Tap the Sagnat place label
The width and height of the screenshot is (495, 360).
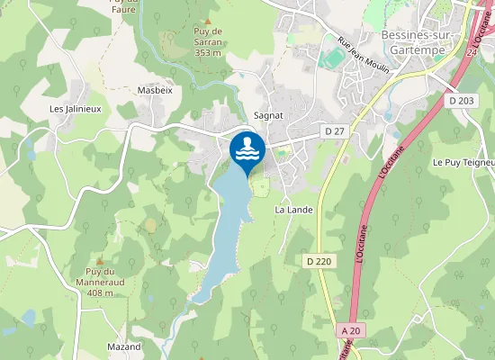click(269, 115)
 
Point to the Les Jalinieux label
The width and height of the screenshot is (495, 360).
click(75, 109)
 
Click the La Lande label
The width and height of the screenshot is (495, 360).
click(293, 210)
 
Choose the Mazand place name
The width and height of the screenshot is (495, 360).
click(124, 346)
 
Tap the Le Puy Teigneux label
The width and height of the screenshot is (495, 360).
click(463, 163)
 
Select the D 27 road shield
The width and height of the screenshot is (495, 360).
click(335, 132)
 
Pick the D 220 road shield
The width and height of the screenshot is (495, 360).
click(319, 261)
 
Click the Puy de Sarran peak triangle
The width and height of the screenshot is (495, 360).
click(208, 20)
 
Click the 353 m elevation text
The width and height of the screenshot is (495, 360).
click(208, 53)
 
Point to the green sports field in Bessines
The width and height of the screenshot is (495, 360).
click(333, 57)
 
